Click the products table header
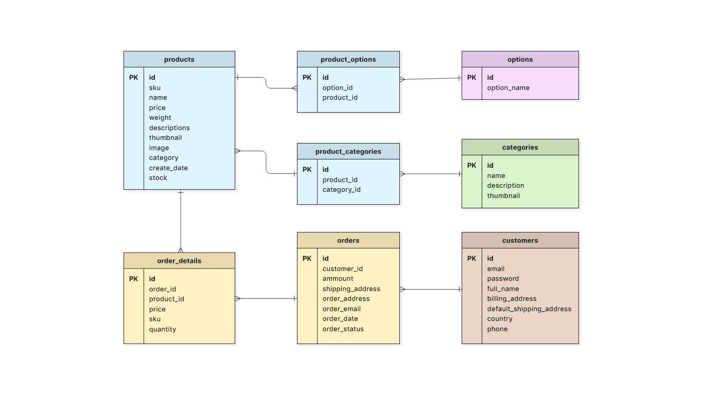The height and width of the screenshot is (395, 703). tap(179, 59)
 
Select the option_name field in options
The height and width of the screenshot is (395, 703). tap(508, 88)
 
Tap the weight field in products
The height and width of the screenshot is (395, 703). tap(160, 118)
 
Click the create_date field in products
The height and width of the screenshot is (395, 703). tap(168, 168)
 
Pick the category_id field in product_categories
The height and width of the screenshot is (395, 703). tap(341, 190)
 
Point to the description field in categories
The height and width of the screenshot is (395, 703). tap(505, 186)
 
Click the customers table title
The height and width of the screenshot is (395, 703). tap(520, 240)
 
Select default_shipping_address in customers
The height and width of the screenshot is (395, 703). tap(529, 309)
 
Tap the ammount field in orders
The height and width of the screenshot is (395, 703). tap(338, 279)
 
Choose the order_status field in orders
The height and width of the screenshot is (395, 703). tap(343, 329)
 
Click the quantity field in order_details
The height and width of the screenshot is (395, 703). tap(163, 329)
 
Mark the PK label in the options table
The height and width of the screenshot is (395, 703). tap(471, 78)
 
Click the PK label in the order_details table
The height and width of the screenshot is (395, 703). tap(133, 279)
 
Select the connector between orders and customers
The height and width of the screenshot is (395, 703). tap(431, 289)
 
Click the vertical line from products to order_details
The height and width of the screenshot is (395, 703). tap(181, 221)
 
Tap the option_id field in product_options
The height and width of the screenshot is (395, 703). tap(337, 88)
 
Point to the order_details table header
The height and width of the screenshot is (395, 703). tap(179, 261)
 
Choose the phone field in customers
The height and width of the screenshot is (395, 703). tap(497, 329)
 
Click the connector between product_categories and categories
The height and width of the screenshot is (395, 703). tap(431, 174)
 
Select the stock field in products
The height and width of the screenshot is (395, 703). tap(158, 178)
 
